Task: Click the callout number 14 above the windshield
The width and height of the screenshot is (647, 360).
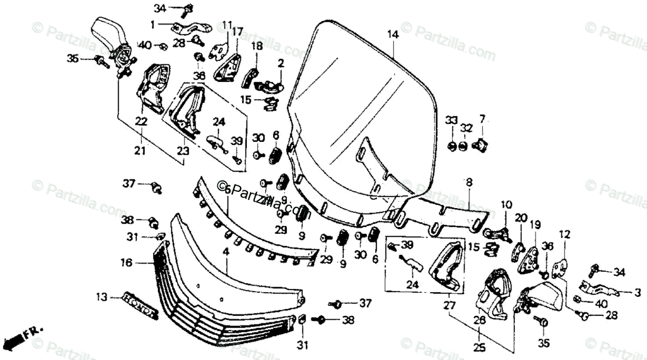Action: (x=393, y=34)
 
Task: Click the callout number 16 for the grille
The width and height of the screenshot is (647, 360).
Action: (x=126, y=263)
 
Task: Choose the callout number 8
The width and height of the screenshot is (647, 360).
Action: (x=468, y=183)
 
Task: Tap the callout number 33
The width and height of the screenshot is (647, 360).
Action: (x=451, y=119)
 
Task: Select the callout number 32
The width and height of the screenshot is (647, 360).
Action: (x=466, y=128)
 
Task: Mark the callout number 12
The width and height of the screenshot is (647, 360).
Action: (x=564, y=234)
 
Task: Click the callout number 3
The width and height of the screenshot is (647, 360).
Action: (x=637, y=293)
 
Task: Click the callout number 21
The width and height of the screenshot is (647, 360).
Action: (x=140, y=153)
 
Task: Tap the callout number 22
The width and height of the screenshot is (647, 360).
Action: (x=141, y=122)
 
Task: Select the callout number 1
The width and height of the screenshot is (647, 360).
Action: (x=153, y=24)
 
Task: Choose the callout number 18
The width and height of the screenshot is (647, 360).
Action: (x=256, y=46)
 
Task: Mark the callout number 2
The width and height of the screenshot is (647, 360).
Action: (x=280, y=64)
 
